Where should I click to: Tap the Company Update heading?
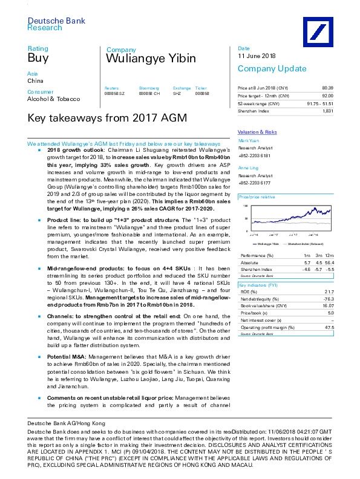tap(266, 68)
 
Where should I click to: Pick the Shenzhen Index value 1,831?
tap(328, 111)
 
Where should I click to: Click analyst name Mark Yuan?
tap(248, 140)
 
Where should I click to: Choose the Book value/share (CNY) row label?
tap(265, 306)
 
